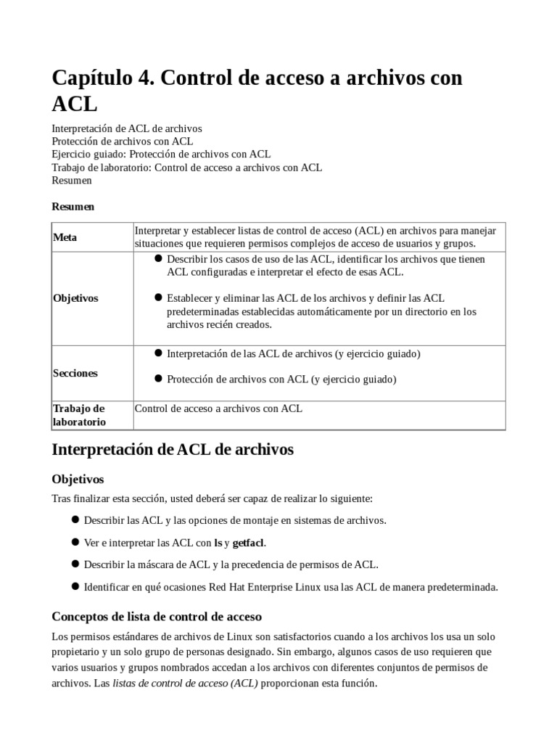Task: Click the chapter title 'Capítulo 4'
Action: [x=102, y=78]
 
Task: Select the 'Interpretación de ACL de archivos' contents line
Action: [x=127, y=128]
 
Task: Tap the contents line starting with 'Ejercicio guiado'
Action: [x=161, y=155]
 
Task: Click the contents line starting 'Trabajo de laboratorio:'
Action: [x=187, y=168]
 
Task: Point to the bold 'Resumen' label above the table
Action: [x=73, y=206]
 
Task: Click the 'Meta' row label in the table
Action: [x=65, y=237]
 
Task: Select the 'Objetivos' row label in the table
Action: [x=75, y=298]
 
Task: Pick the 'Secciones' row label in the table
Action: [x=75, y=373]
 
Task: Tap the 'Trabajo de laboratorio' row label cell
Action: [x=79, y=415]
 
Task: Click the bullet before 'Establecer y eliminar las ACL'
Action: [x=159, y=297]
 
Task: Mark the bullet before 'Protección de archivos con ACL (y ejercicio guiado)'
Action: [x=159, y=378]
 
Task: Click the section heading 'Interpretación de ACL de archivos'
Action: [x=173, y=449]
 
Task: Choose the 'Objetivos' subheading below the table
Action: [x=78, y=480]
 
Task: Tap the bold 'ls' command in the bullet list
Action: [x=218, y=543]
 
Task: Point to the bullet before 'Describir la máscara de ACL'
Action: [x=75, y=564]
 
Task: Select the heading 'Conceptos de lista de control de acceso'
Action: [x=157, y=617]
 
